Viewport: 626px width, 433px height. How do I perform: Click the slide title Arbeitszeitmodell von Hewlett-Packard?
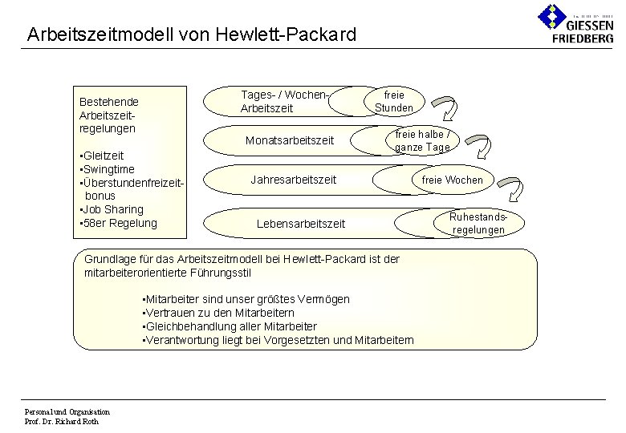(x=191, y=34)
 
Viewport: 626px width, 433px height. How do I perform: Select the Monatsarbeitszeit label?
(x=290, y=140)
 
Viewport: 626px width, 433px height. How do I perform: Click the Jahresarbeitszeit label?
(x=294, y=180)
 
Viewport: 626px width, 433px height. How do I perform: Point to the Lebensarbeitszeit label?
(x=300, y=224)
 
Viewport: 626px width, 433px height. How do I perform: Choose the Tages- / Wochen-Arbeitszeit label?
(x=285, y=102)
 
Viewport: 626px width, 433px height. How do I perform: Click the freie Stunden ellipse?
(x=393, y=101)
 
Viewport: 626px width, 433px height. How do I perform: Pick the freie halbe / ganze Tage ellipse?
(x=422, y=140)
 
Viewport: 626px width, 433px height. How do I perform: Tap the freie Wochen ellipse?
(x=453, y=180)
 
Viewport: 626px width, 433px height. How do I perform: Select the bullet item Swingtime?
(x=107, y=169)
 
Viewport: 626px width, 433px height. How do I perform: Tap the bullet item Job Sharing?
(x=112, y=209)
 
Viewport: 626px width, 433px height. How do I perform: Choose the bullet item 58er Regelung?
(x=118, y=223)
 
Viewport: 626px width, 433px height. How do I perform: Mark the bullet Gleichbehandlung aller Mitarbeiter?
(x=229, y=326)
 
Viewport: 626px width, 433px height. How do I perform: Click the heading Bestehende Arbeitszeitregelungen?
(x=109, y=115)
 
